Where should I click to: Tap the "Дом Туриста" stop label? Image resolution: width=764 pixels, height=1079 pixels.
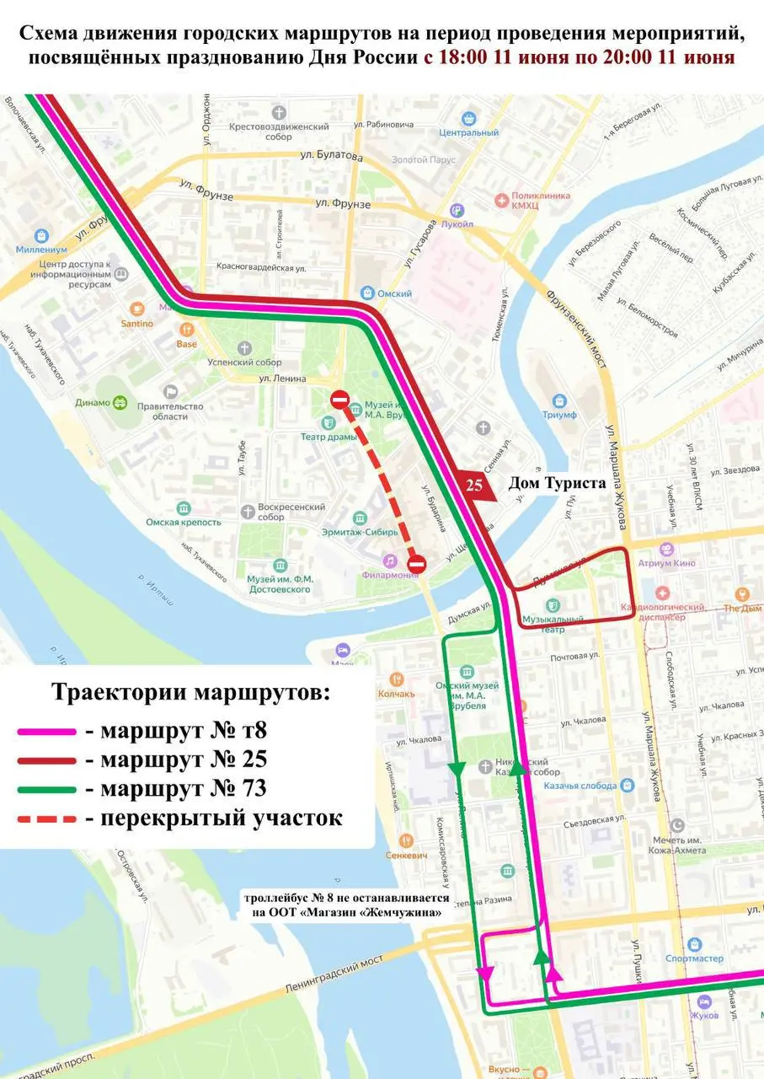click(556, 484)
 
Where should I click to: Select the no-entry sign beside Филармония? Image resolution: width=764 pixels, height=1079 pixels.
click(416, 563)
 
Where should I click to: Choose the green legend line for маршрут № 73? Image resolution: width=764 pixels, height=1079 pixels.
click(47, 789)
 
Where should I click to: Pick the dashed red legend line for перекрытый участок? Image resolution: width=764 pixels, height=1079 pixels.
click(47, 819)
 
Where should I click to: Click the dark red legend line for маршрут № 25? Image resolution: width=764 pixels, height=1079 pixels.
click(47, 760)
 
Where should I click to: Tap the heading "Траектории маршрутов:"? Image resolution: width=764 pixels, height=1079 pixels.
click(191, 692)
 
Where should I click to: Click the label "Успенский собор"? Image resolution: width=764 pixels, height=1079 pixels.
click(244, 362)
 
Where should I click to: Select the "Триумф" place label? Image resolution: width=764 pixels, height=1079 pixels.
click(559, 415)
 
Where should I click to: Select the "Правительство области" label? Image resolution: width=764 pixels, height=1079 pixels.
click(178, 411)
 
